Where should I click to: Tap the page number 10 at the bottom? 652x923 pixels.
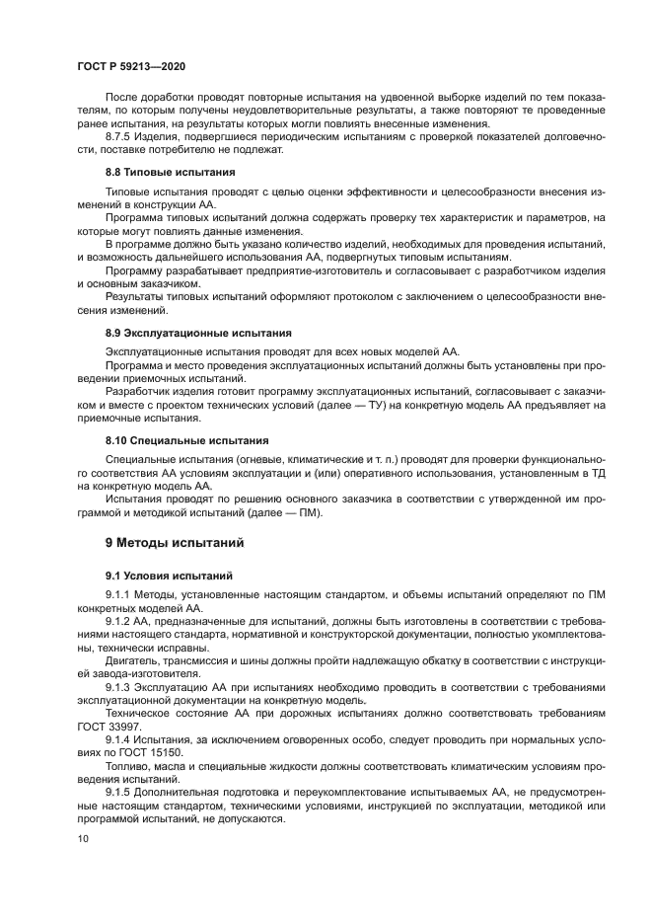(x=83, y=838)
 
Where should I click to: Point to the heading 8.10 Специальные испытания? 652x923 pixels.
(x=174, y=439)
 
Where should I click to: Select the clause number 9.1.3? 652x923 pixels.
(x=118, y=683)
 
